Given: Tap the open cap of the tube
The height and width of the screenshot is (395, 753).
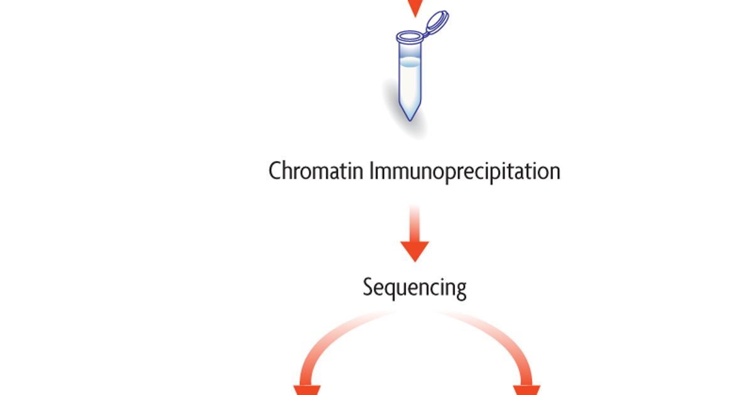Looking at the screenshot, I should (x=437, y=23).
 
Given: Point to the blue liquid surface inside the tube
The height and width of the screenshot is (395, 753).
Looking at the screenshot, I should (x=410, y=62).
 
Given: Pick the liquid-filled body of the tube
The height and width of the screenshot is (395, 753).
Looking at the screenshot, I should (x=410, y=85).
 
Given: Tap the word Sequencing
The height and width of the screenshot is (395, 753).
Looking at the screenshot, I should (x=414, y=288).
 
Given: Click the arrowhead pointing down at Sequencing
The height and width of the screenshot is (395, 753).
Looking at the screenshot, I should (x=414, y=251).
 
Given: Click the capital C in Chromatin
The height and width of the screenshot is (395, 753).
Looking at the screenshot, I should (x=275, y=171).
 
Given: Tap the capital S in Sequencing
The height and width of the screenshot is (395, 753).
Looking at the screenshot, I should (x=368, y=288).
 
